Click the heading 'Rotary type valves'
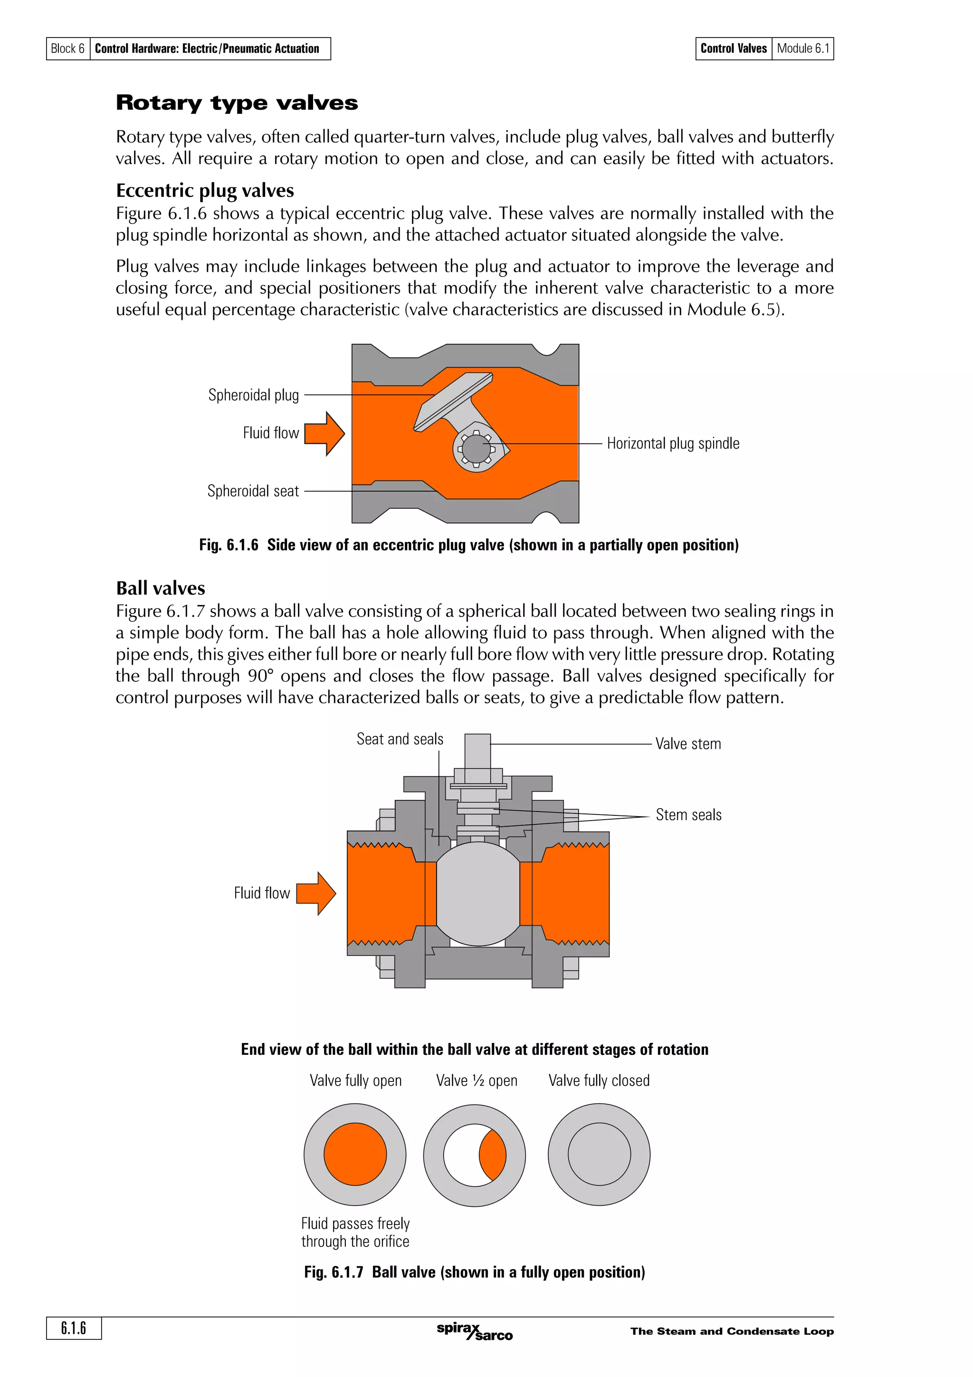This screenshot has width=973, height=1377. coord(237,103)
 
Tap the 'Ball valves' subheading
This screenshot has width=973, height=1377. coord(160,588)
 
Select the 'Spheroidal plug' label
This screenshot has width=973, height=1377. coord(253,395)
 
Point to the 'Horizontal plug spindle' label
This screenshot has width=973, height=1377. coord(673,443)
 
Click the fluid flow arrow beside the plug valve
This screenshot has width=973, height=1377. coord(324,433)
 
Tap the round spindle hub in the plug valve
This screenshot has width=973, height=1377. coord(476,449)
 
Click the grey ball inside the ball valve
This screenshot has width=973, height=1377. coord(478,894)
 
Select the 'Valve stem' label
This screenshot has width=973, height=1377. coord(687,744)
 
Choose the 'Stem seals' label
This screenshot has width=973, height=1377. coord(688,814)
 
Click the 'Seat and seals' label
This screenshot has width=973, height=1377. coord(400,739)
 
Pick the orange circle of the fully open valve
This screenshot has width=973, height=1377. coord(355,1155)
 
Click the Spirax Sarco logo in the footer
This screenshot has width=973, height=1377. coord(474,1331)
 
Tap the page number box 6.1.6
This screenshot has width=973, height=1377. coord(74,1328)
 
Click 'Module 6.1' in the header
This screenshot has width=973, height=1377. coord(803,48)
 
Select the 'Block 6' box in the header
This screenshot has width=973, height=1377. coord(68,48)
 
